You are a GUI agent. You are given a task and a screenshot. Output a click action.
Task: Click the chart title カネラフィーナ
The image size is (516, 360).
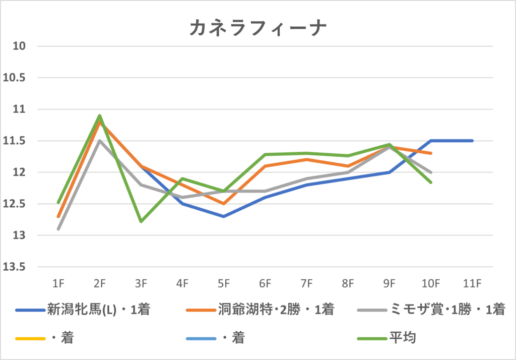point(258,28)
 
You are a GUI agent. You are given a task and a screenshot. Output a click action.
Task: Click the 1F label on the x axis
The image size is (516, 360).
point(58,284)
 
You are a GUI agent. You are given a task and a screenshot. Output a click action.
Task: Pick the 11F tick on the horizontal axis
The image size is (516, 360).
point(472,284)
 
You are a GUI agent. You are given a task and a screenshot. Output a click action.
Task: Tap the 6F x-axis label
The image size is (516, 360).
point(265,284)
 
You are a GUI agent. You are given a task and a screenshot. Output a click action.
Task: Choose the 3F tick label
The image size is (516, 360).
point(141,284)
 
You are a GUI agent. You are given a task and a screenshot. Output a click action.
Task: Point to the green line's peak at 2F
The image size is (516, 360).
point(100,116)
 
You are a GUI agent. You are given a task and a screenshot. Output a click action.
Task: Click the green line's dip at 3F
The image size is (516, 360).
point(141,221)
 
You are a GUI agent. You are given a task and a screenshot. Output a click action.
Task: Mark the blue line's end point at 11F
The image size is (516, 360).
point(472,141)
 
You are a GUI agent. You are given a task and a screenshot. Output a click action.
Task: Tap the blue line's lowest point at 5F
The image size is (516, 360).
point(224,216)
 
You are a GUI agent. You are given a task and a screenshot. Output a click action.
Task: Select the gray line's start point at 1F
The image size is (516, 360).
point(58,229)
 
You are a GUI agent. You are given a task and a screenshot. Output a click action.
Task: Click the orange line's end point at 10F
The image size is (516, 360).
point(431,153)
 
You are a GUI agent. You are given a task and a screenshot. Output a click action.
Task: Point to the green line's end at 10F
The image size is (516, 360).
point(431,182)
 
